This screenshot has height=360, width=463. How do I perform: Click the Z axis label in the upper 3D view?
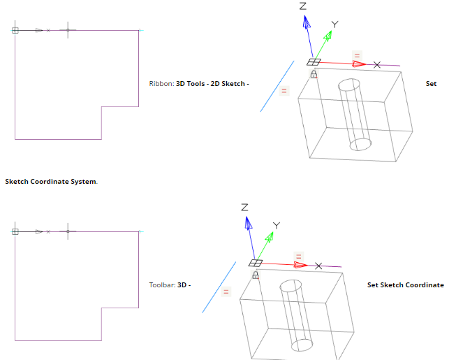pos(303,6)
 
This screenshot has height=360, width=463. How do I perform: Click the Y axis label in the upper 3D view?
pos(335,24)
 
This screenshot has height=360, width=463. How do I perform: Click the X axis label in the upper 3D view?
pos(377,65)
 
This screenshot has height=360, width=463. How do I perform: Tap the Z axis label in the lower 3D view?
pos(244,208)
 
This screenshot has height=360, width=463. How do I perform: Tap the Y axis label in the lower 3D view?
pos(276,226)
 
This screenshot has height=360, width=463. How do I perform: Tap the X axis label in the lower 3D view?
pos(318,266)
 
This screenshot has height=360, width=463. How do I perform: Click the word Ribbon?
pos(159,84)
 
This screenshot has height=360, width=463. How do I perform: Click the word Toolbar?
pos(161,285)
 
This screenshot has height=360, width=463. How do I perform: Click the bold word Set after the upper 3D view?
pos(431,84)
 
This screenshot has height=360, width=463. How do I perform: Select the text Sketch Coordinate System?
pos(51,182)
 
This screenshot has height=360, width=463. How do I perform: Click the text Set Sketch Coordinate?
pos(405,285)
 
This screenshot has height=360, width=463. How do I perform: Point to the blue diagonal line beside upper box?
pos(277,86)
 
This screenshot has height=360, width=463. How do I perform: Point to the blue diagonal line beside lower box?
pos(218,287)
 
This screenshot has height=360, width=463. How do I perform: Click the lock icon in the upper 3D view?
pos(314,73)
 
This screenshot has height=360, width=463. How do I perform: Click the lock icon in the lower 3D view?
pos(255,275)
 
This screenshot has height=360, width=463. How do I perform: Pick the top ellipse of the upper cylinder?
pos(348,86)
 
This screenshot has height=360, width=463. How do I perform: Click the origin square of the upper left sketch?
pos(15,30)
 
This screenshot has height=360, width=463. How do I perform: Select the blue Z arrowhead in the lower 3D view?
pos(247,223)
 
